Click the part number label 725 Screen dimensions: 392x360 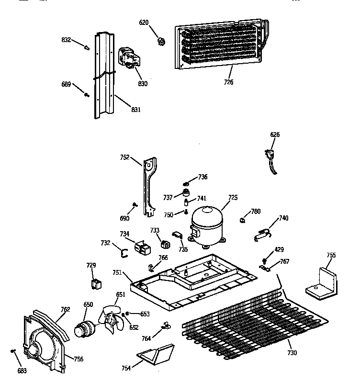233,197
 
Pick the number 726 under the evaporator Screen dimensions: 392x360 228,82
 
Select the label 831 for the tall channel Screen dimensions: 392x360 135,110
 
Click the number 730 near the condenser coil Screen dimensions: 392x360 292,353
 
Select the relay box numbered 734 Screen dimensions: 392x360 142,247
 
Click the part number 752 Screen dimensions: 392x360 125,157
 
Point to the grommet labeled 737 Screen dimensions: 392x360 182,194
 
